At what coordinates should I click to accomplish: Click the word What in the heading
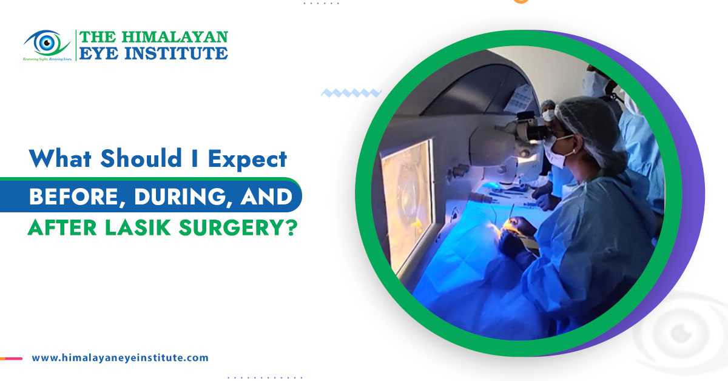(x=58, y=159)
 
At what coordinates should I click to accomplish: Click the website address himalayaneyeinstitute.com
(x=120, y=358)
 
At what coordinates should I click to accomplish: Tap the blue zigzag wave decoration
(x=351, y=93)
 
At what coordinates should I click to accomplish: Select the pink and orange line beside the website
(x=12, y=359)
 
